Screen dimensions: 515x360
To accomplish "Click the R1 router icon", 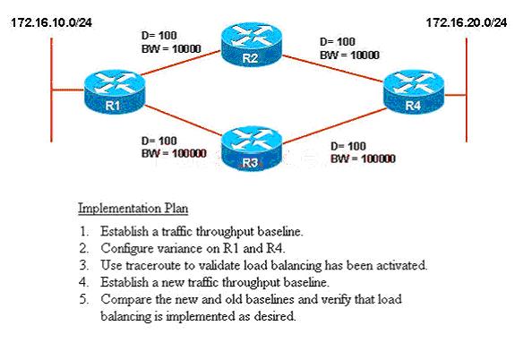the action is pos(114,92).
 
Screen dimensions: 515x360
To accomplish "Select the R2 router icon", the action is pos(252,45).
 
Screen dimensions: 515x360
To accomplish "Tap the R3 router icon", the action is pos(252,150).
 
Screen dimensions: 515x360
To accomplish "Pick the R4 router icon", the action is pos(414,92).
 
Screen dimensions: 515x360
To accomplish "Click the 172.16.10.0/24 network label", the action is pos(52,22).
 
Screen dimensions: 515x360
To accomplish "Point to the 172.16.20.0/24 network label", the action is pos(467,22).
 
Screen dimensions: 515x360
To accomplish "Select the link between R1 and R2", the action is pos(181,63).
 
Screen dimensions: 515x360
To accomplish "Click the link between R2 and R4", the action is pos(332,68).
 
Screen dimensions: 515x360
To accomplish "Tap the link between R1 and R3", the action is pos(183,120).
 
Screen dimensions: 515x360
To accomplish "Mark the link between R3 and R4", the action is pos(334,125).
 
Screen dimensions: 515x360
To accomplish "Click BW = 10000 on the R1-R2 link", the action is pos(171,49).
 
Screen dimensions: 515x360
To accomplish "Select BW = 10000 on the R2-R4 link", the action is pos(349,55).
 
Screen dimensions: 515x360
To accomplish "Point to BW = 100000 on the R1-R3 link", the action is pos(174,153).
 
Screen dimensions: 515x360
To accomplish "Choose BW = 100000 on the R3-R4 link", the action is pos(363,159).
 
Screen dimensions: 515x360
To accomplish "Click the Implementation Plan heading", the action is pos(133,209).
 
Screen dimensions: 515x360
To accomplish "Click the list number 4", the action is pos(84,282).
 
